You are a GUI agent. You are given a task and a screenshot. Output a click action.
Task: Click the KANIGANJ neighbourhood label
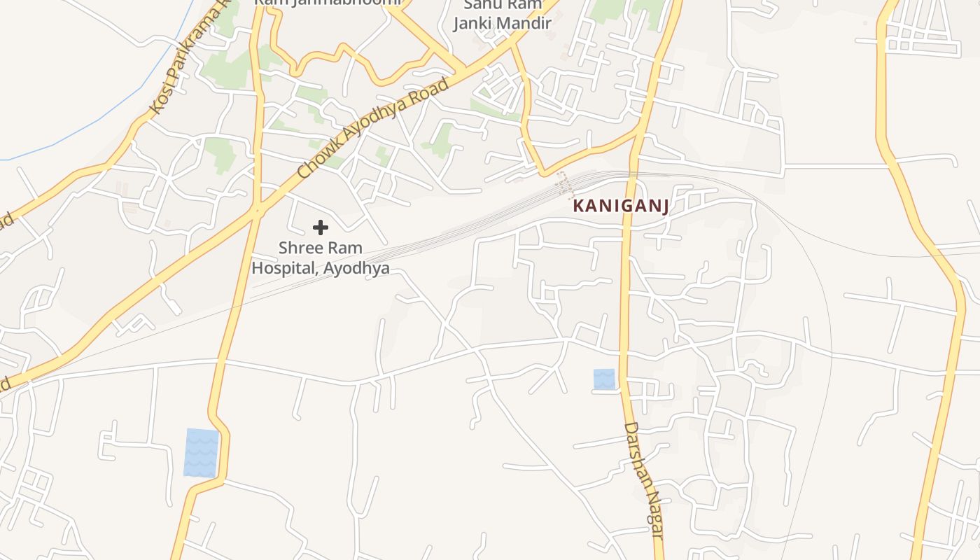pos(621,206)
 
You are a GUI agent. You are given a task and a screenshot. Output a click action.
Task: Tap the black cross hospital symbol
pos(320,227)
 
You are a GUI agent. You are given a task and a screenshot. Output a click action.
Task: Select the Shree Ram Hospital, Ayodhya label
pos(321,258)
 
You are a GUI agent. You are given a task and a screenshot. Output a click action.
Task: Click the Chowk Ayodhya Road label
pos(372,128)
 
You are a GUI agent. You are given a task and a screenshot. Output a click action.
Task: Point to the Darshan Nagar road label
pos(643,479)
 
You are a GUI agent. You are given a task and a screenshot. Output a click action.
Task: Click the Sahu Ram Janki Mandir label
pos(502,14)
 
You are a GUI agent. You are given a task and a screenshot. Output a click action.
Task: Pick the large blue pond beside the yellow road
pos(201,453)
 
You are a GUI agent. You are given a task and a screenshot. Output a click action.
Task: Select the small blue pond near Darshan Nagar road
pos(604,379)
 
